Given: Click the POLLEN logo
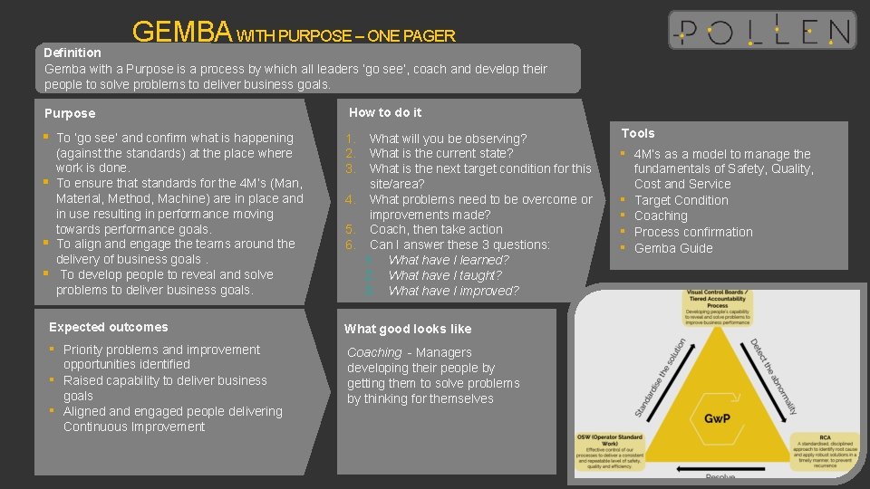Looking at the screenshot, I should [761, 30].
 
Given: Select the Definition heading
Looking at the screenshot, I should [72, 53].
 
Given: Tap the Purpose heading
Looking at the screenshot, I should [70, 113].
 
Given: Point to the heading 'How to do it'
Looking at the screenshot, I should [385, 112].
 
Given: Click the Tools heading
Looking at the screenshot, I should [638, 133].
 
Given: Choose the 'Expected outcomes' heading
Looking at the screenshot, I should [109, 327].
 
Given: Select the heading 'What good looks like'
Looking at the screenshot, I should [408, 329].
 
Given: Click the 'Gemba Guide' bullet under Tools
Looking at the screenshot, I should [673, 248].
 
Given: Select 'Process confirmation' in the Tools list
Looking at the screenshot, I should [693, 232].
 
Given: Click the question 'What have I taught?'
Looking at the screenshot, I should [445, 275].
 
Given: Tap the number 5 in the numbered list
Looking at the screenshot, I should [349, 229].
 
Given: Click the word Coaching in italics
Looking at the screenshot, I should [374, 352].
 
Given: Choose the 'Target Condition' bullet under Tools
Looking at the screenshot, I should [681, 200].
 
